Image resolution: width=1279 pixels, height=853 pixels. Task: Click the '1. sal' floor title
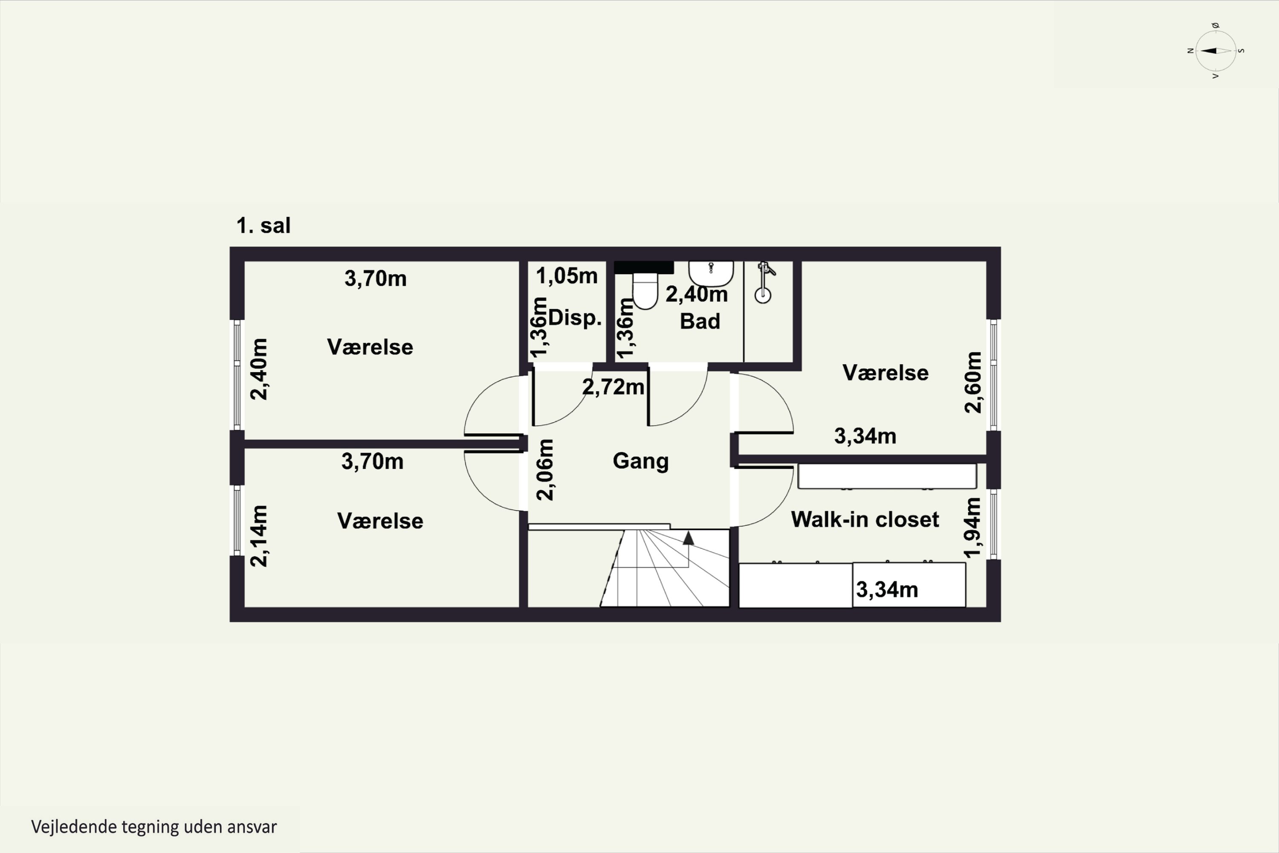coord(263,225)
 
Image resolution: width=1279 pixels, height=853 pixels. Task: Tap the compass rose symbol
coord(1216,51)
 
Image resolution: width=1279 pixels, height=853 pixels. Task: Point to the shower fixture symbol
coord(764,282)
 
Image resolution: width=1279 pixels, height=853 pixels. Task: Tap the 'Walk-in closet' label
coord(865,519)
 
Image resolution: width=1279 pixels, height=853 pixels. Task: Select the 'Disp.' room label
coord(575,318)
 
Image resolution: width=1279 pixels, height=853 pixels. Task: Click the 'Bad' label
coord(700,322)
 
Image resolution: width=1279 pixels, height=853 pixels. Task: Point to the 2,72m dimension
coord(613,387)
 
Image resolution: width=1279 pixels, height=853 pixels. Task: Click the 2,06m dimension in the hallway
coord(545,470)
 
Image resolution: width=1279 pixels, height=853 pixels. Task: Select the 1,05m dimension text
coord(567,276)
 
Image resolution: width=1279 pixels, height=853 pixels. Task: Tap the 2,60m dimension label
coord(973,383)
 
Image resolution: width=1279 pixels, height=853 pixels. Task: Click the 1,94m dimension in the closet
coord(972,528)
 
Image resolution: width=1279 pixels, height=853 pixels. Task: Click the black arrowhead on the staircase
coord(689,538)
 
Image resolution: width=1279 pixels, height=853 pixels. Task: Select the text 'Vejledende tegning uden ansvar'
coord(154,827)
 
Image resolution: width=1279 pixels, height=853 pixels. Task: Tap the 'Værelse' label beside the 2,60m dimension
coord(885,373)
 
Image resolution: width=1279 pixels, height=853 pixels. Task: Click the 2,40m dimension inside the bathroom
coord(697,294)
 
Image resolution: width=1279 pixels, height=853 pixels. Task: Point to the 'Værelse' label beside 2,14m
coord(380,521)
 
